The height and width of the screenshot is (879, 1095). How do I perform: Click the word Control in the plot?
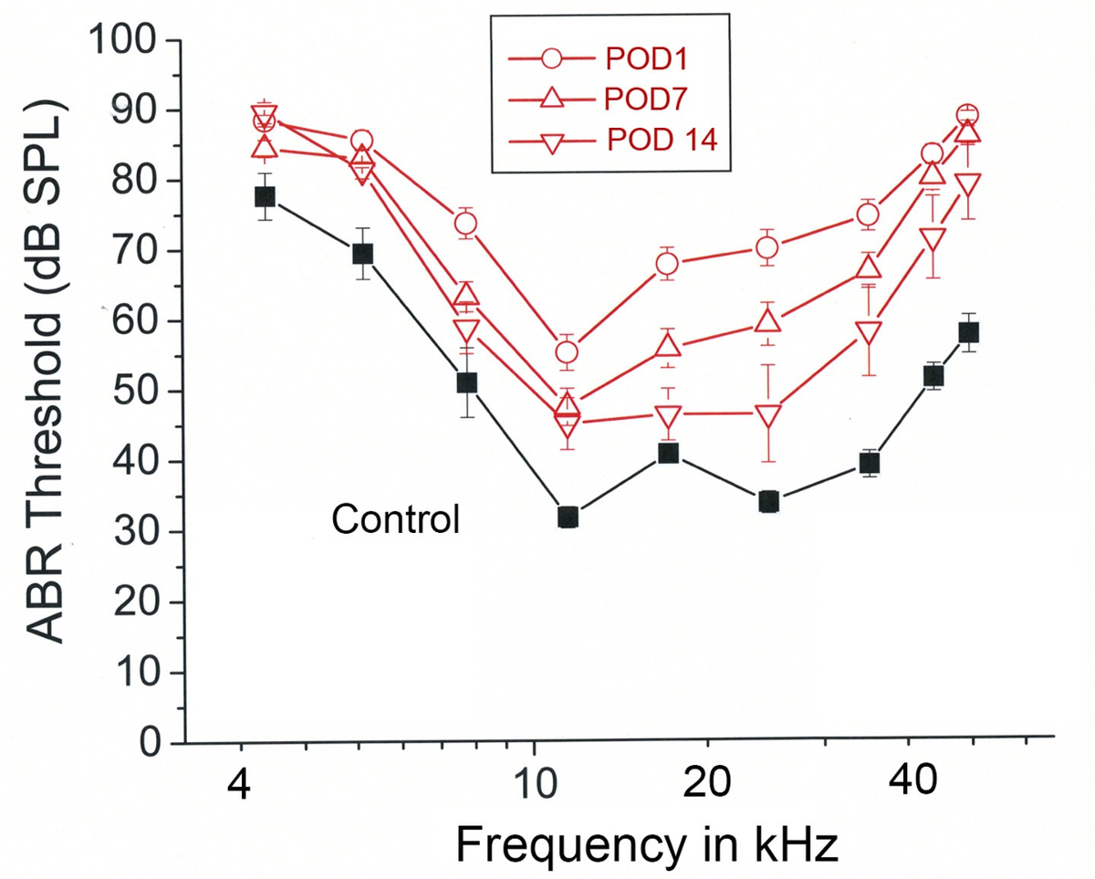(x=394, y=520)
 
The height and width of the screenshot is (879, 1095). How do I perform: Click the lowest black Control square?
(x=568, y=518)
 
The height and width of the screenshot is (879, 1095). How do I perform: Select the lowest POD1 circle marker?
(x=567, y=352)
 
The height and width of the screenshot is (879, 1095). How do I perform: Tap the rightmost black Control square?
(x=968, y=332)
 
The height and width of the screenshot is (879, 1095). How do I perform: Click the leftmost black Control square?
(x=265, y=197)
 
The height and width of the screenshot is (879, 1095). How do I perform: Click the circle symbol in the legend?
(x=551, y=59)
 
